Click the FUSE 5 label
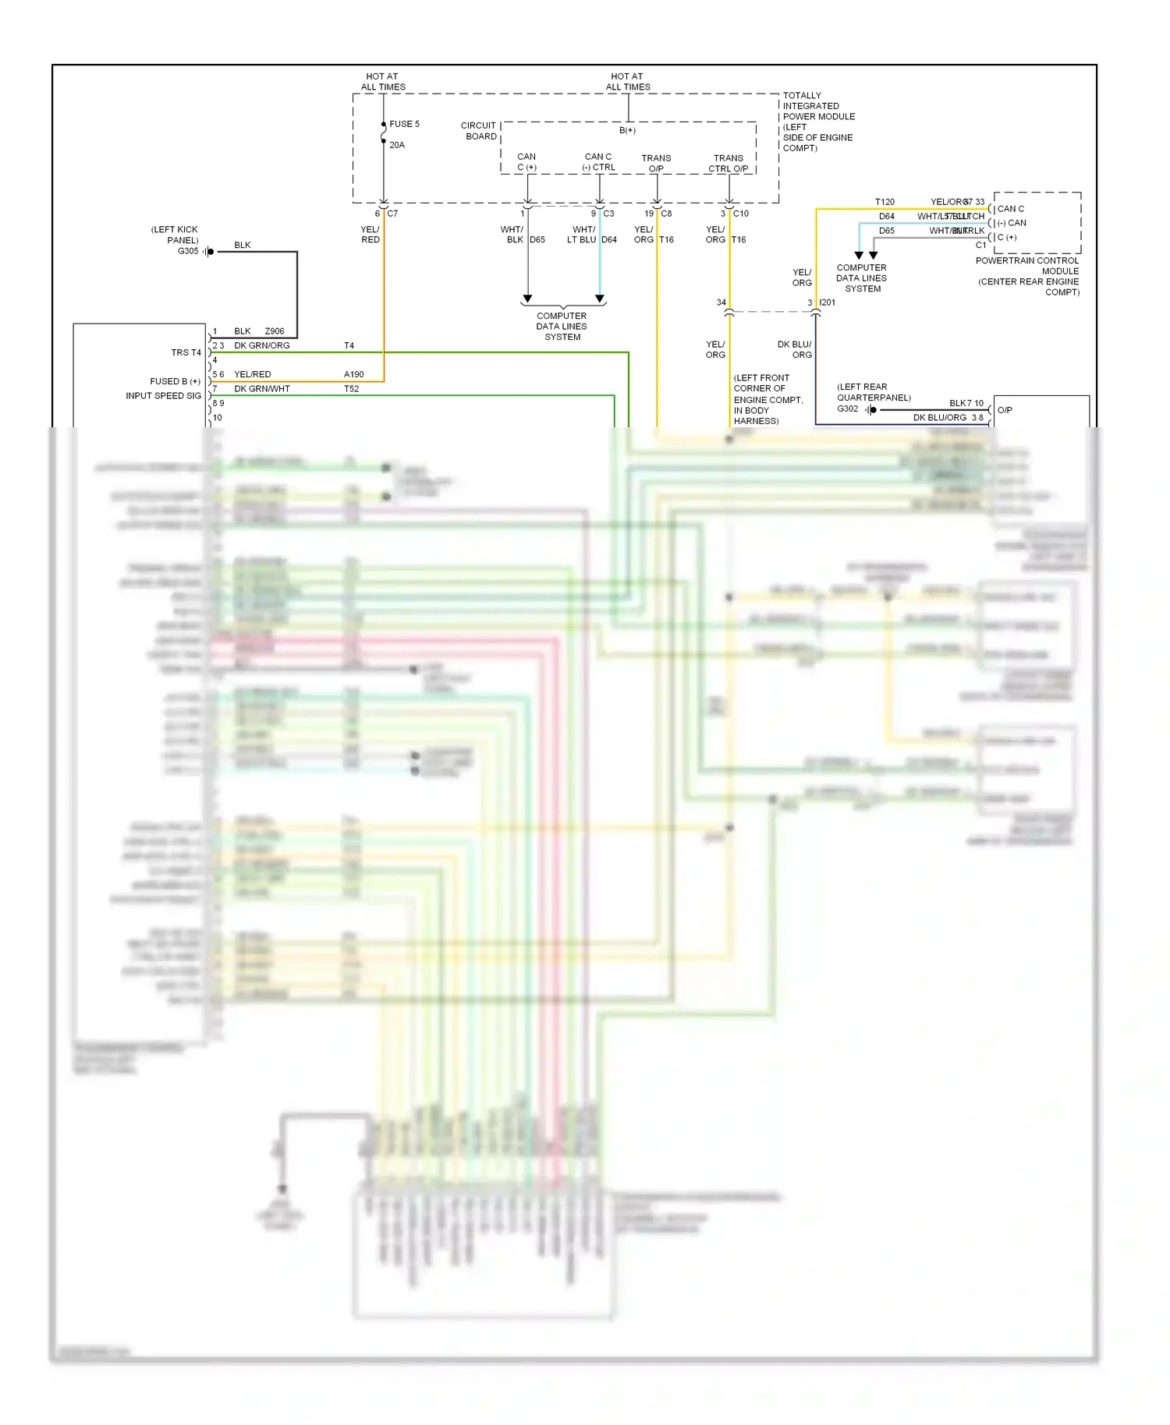pos(404,124)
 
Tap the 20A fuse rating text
pos(397,145)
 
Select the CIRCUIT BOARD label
pos(479,131)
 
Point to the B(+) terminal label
pos(627,130)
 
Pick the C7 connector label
pos(392,214)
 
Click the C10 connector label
pos(740,214)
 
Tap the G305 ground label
pos(188,251)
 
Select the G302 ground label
pos(847,408)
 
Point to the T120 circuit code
pos(885,202)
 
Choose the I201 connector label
pos(827,302)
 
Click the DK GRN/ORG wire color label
pos(262,345)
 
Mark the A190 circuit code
pos(353,374)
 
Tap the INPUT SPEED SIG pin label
pos(163,396)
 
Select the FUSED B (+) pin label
pos(175,381)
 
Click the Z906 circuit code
pos(275,331)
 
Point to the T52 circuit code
pos(351,389)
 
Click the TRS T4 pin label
pos(186,352)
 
